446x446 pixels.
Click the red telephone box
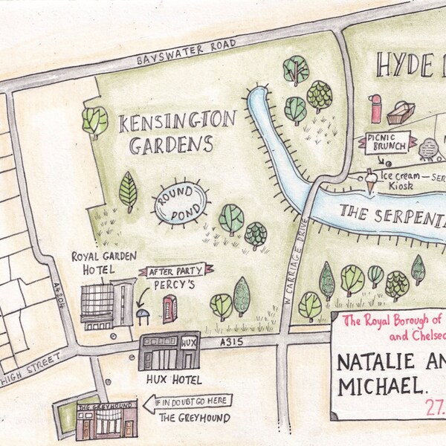click(170, 308)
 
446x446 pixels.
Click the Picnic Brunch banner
click(385, 143)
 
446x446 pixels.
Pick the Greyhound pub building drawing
click(96, 420)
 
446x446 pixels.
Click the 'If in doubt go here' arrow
click(187, 402)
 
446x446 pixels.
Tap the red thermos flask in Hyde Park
click(376, 109)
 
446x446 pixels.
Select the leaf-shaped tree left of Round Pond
click(129, 192)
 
